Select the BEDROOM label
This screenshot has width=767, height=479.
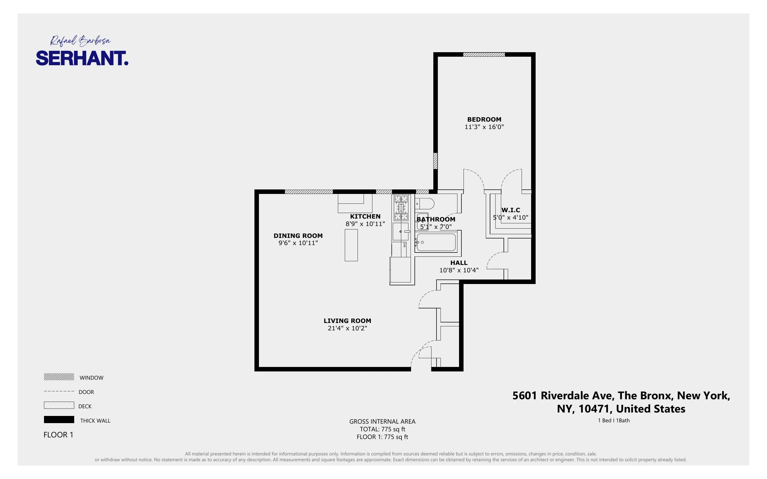point(484,119)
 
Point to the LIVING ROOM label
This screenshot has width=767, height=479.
point(347,321)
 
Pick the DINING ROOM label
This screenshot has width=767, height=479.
point(298,236)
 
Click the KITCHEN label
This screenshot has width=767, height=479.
point(365,216)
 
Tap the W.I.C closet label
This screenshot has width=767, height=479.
point(510,210)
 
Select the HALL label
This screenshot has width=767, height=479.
point(459,263)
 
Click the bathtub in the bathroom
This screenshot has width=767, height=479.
point(436,242)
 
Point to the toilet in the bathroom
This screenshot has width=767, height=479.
point(425,204)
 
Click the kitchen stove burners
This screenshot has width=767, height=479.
point(401,208)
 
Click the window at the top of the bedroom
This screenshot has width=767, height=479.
point(484,55)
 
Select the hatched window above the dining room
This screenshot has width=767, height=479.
point(308,192)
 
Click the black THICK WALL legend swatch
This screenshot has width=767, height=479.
point(59,419)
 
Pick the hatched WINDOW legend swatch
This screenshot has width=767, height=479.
point(59,377)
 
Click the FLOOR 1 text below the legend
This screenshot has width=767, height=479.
point(58,435)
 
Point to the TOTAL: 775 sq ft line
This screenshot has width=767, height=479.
point(382,429)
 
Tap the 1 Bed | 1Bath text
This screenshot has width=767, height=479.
point(614,420)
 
